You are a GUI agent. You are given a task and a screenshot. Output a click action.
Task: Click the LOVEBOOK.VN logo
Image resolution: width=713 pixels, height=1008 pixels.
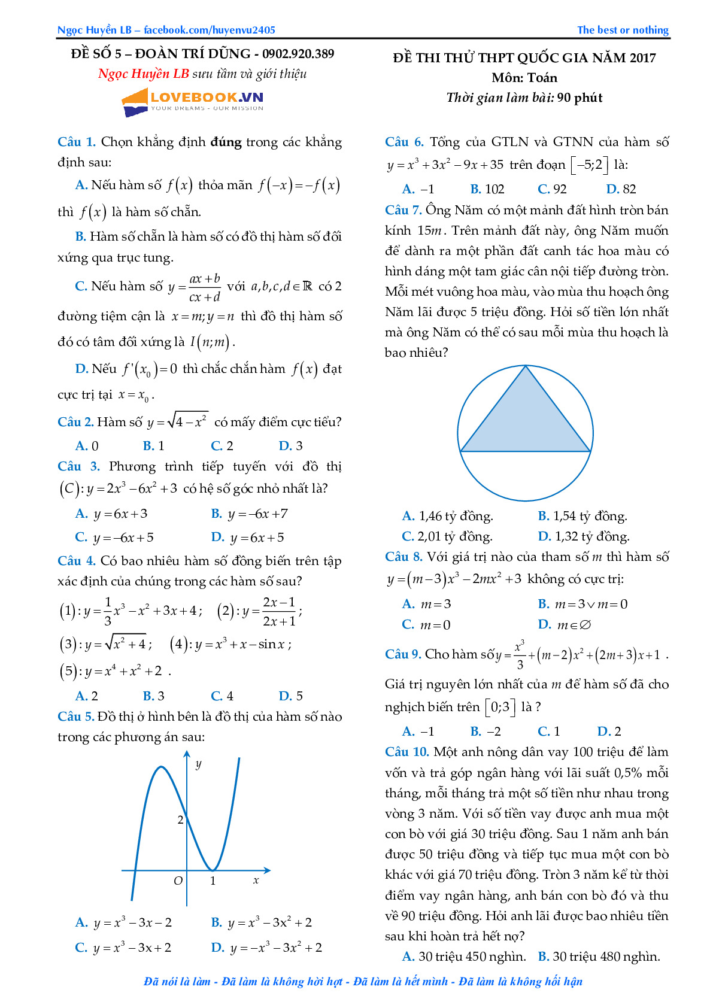click(193, 102)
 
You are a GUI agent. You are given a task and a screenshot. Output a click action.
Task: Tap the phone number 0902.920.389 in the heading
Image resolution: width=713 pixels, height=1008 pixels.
click(298, 54)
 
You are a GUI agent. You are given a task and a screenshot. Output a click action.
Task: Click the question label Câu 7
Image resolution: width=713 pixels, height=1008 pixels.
click(403, 210)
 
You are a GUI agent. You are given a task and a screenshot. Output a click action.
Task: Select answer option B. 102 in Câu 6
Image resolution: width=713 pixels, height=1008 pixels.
click(487, 189)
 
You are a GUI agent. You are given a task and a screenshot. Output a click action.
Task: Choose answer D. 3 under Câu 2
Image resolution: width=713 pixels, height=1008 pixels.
click(291, 446)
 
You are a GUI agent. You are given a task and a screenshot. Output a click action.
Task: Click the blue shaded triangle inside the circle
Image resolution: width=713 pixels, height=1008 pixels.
click(525, 419)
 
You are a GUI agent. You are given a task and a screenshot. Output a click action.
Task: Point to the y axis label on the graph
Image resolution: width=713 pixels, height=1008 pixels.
click(198, 764)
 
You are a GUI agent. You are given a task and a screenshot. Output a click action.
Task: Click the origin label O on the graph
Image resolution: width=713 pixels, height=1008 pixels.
click(178, 881)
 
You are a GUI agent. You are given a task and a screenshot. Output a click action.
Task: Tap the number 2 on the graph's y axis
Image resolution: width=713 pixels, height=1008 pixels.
click(180, 820)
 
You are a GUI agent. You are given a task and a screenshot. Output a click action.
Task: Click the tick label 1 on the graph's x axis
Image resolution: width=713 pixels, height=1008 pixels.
click(213, 881)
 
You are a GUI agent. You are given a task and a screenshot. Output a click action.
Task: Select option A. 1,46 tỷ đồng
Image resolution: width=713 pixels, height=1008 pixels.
click(448, 516)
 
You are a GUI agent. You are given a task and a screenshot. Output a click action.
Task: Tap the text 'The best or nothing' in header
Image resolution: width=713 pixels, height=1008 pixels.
click(623, 30)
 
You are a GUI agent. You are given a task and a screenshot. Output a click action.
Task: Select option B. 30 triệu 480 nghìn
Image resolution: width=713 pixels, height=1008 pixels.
click(599, 957)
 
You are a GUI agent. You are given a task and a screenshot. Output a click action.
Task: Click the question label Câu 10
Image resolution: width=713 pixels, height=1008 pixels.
click(406, 752)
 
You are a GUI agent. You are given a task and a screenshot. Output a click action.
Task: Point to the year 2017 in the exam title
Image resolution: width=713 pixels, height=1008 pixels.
click(642, 58)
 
